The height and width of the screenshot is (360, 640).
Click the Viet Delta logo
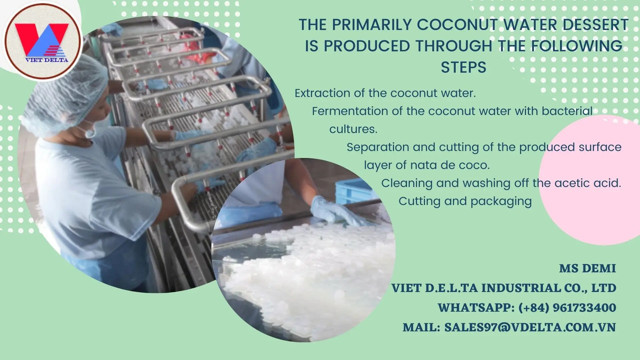[x=42, y=41]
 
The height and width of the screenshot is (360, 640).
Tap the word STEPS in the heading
[x=463, y=67]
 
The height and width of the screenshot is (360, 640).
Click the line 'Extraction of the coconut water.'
[x=385, y=93]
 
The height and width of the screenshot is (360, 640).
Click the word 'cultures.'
[x=353, y=129]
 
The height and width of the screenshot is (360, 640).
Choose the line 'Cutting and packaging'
[x=465, y=201]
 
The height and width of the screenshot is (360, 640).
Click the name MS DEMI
[x=587, y=268]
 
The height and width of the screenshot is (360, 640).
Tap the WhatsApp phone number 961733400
[x=584, y=308]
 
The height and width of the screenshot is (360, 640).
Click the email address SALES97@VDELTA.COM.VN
[x=530, y=327]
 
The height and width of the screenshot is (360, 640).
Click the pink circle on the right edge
[x=590, y=180]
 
